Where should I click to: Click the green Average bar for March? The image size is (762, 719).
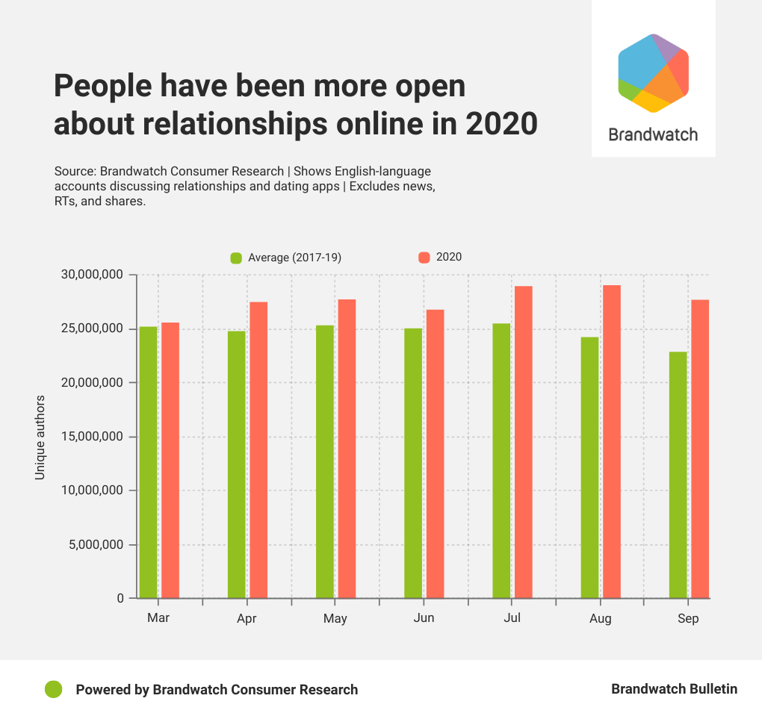(x=148, y=462)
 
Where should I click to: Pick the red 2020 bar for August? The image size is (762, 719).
(x=612, y=441)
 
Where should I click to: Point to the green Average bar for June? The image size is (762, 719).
(x=413, y=463)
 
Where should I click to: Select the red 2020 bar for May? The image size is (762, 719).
(x=347, y=448)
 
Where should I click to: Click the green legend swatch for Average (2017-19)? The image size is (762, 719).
(x=236, y=258)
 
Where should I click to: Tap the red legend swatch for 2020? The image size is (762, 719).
(x=424, y=257)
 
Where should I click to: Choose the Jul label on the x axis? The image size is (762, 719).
(x=512, y=618)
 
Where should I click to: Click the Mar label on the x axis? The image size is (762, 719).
(x=158, y=618)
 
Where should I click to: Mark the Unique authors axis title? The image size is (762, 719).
(x=40, y=438)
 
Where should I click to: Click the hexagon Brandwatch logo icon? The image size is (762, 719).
(x=653, y=73)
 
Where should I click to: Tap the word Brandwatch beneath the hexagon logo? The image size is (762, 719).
(x=653, y=134)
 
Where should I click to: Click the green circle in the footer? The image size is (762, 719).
(x=53, y=689)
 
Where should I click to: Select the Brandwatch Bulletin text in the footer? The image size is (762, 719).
(x=674, y=689)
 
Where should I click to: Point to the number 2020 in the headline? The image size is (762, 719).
(x=501, y=123)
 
